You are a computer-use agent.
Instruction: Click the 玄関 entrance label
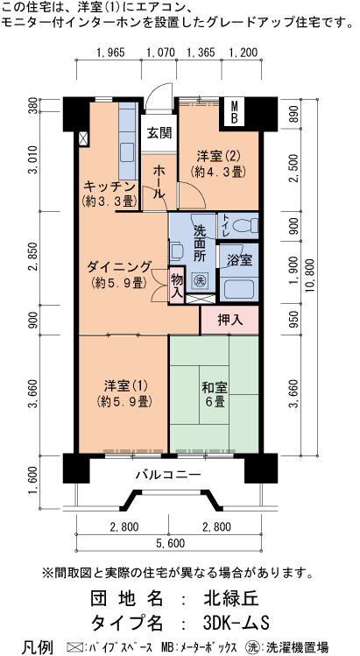pyautogui.click(x=159, y=133)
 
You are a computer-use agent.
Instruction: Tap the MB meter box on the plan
pyautogui.click(x=235, y=112)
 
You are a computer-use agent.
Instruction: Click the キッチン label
pyautogui.click(x=109, y=187)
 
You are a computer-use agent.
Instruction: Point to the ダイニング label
pyautogui.click(x=119, y=268)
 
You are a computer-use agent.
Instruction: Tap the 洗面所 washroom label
pyautogui.click(x=200, y=244)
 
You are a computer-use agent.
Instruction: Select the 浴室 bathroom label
pyautogui.click(x=239, y=260)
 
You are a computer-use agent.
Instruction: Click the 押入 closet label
pyautogui.click(x=229, y=321)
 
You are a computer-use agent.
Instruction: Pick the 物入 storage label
pyautogui.click(x=176, y=286)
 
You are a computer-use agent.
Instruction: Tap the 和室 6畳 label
pyautogui.click(x=214, y=394)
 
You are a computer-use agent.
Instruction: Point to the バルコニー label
pyautogui.click(x=167, y=476)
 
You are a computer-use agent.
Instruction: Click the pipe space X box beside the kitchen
pyautogui.click(x=82, y=138)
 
